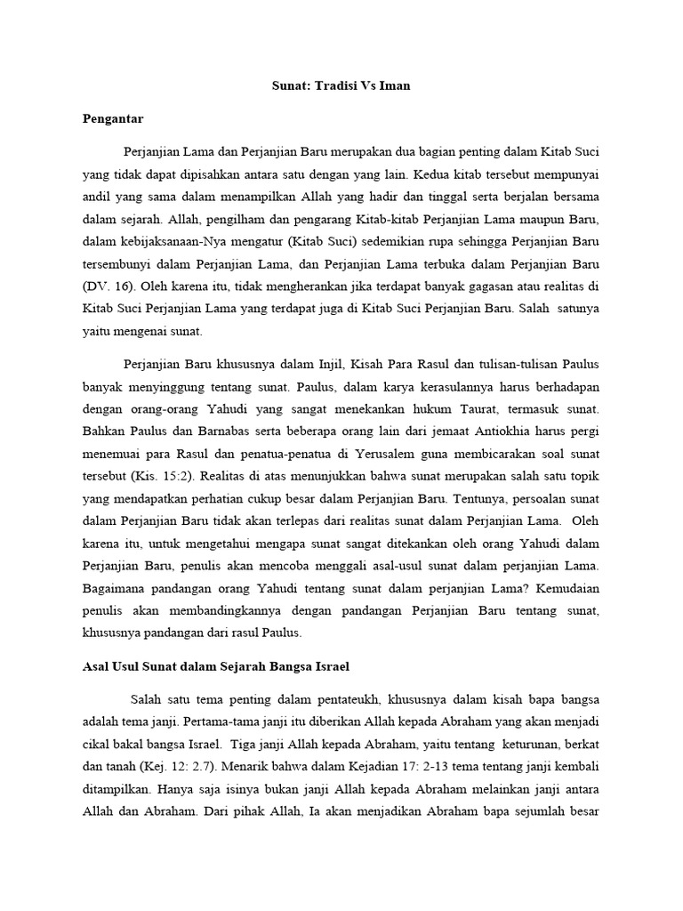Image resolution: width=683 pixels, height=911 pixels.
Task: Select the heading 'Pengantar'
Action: pos(112,117)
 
